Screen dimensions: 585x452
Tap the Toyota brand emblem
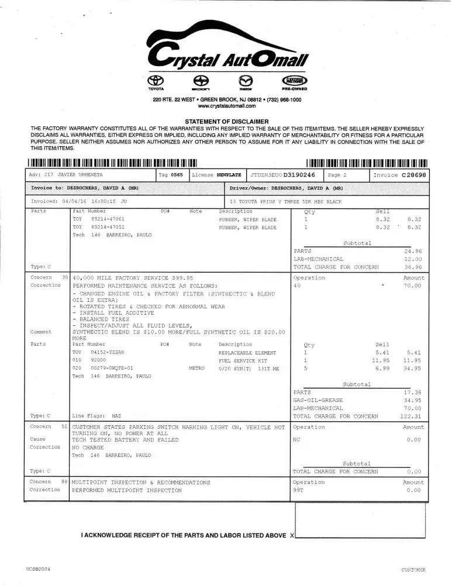click(156, 81)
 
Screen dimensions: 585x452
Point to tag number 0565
click(177, 175)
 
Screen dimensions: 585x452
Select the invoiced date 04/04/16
click(73, 201)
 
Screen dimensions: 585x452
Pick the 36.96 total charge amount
click(413, 267)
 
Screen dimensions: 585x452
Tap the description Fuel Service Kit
click(243, 360)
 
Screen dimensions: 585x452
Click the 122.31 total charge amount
click(412, 416)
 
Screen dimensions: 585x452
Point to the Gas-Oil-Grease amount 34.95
click(413, 400)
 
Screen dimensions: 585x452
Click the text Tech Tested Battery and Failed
click(125, 440)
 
